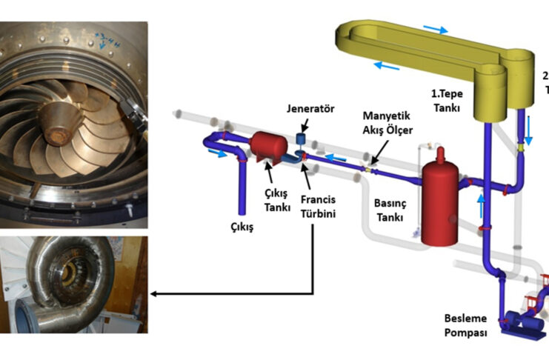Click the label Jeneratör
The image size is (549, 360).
pyautogui.click(x=310, y=109)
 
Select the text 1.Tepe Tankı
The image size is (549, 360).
pyautogui.click(x=447, y=101)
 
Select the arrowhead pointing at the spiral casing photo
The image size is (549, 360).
pyautogui.click(x=154, y=294)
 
